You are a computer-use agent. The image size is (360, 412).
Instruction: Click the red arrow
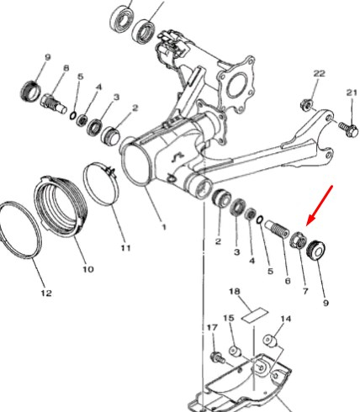pyautogui.click(x=320, y=205)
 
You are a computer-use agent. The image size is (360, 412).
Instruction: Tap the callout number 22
pyautogui.click(x=319, y=73)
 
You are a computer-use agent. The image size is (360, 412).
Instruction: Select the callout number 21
pyautogui.click(x=352, y=92)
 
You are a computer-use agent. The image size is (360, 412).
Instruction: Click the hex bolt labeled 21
pyautogui.click(x=348, y=129)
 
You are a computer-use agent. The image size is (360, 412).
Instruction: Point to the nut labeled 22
pyautogui.click(x=305, y=105)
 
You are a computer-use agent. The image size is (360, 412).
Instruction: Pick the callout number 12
pyautogui.click(x=46, y=293)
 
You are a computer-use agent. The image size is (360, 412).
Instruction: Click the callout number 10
pyautogui.click(x=87, y=269)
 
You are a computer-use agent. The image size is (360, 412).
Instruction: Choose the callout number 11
pyautogui.click(x=125, y=248)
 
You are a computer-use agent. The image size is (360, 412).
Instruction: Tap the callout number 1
pyautogui.click(x=164, y=227)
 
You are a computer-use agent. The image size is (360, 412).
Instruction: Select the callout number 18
pyautogui.click(x=235, y=292)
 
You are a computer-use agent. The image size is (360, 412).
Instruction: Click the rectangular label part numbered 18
pyautogui.click(x=255, y=315)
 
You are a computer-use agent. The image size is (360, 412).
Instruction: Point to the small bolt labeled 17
pyautogui.click(x=218, y=357)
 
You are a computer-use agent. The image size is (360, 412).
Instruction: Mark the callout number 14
pyautogui.click(x=286, y=319)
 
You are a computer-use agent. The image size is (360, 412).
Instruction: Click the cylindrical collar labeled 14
pyautogui.click(x=270, y=341)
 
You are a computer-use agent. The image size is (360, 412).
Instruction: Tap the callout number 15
pyautogui.click(x=229, y=318)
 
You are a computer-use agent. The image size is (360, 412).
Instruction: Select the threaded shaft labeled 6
pyautogui.click(x=277, y=229)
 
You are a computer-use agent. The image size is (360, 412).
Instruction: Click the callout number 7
pyautogui.click(x=305, y=291)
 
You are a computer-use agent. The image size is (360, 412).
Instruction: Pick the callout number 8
pyautogui.click(x=66, y=68)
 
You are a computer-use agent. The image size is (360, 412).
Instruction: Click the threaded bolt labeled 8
pyautogui.click(x=54, y=103)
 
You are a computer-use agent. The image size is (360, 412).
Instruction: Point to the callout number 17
pyautogui.click(x=212, y=327)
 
